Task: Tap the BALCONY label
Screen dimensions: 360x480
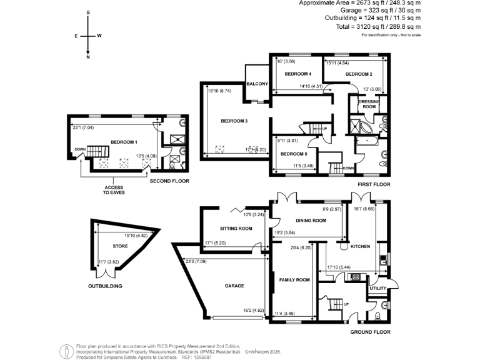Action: coord(257,84)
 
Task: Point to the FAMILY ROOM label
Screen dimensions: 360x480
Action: coord(294,280)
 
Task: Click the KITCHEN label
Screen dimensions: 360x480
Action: coord(360,247)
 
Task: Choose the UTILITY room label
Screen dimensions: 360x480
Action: coord(378,288)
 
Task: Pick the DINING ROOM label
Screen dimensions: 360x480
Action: coord(311,221)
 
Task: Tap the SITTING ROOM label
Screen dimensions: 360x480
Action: coord(236,229)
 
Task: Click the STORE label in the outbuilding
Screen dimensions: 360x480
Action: coord(120,246)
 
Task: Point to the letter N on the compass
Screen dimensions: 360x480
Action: coord(89,57)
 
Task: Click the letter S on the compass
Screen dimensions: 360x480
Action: coord(89,12)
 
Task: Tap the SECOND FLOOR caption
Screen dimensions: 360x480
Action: coord(169,181)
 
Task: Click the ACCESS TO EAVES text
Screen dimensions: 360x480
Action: coord(114,190)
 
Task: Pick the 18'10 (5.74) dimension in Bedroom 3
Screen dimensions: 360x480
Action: coord(218,90)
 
